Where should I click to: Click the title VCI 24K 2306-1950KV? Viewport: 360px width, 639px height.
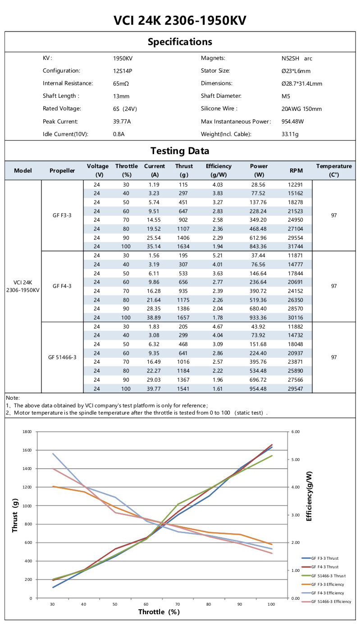(180, 21)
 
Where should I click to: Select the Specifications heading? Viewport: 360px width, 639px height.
(180, 42)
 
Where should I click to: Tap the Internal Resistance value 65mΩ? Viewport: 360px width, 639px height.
(121, 83)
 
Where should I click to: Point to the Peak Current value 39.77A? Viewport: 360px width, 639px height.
(123, 121)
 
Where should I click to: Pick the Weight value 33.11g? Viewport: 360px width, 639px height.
(291, 134)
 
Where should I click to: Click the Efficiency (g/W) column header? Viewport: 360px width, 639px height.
(219, 170)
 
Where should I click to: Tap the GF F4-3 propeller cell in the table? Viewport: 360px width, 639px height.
(62, 286)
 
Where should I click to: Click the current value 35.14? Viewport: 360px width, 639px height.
(154, 246)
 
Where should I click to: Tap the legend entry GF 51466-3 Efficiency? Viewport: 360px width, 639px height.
(327, 602)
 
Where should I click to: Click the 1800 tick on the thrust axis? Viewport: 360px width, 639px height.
(27, 432)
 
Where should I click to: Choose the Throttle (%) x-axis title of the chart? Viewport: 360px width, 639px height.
(159, 612)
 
